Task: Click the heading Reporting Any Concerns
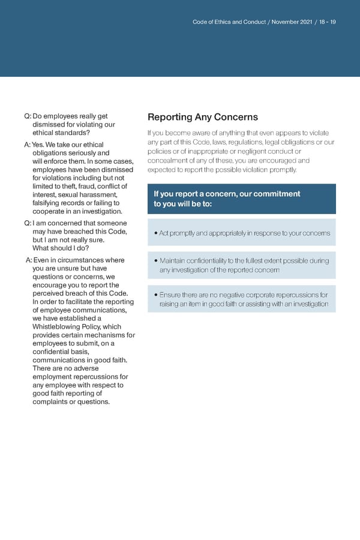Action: click(x=202, y=117)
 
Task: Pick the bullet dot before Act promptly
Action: click(x=155, y=233)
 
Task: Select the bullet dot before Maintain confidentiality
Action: click(x=155, y=261)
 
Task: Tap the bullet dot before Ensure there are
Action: click(x=155, y=295)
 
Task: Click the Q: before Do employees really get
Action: click(x=28, y=116)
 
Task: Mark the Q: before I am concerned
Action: click(x=28, y=224)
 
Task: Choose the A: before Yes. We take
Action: click(x=28, y=145)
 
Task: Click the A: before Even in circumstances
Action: click(x=29, y=260)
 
